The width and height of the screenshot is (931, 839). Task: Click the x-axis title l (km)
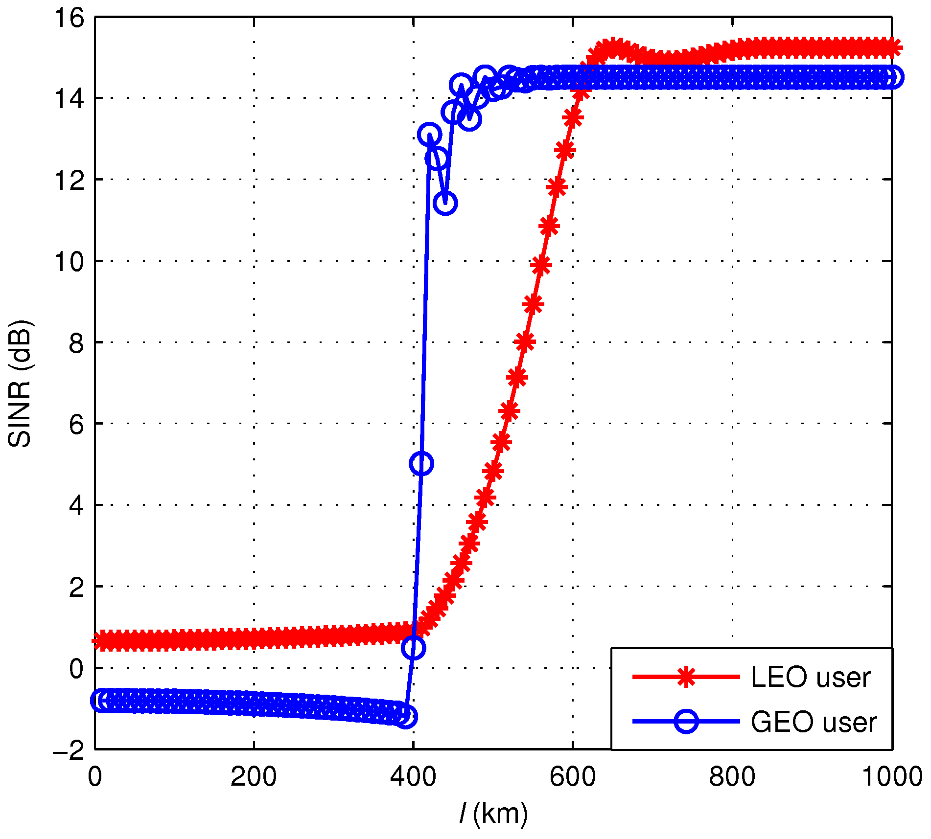(x=493, y=813)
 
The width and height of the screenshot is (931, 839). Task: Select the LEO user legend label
(x=811, y=678)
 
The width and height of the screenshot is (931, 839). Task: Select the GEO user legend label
(x=814, y=722)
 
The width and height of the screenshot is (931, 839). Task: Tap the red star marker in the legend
(x=686, y=677)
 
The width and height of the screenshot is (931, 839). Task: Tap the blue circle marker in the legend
(x=686, y=722)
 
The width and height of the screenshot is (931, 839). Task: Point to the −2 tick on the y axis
(x=69, y=749)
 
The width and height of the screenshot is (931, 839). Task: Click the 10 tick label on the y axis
(x=69, y=262)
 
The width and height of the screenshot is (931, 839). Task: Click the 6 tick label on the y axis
(x=76, y=424)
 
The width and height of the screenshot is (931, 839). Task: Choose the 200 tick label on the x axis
(x=254, y=777)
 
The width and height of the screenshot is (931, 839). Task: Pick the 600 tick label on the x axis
(x=573, y=777)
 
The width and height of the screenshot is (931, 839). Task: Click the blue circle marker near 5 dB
(x=421, y=463)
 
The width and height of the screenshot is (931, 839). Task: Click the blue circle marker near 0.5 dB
(x=413, y=648)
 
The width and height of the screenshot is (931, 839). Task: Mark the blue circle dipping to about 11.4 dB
(x=445, y=203)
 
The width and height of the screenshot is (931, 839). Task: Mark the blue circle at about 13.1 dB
(x=429, y=134)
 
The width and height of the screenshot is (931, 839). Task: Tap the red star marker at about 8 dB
(x=525, y=341)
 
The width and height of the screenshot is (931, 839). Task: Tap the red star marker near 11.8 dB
(x=557, y=187)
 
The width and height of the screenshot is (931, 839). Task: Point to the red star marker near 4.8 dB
(x=493, y=472)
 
